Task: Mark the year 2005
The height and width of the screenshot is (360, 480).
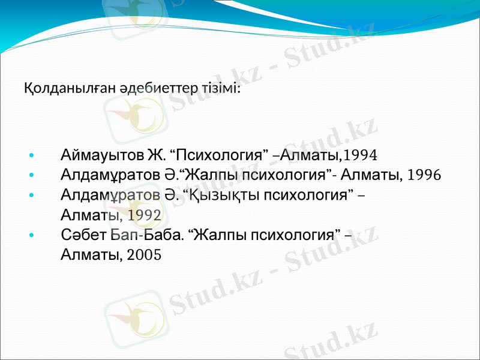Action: (144, 255)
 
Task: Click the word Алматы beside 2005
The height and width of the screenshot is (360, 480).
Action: (91, 255)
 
